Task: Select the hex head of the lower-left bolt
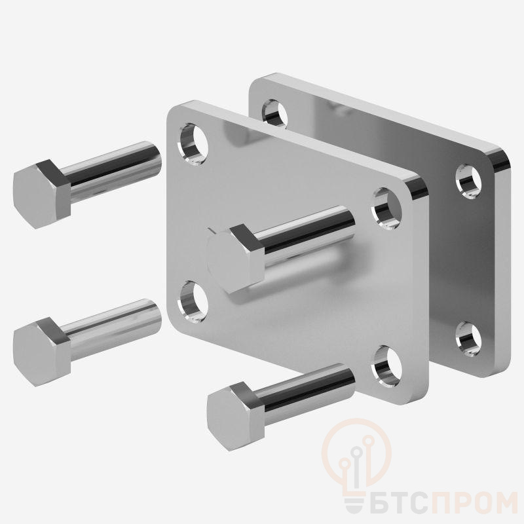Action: pyautogui.click(x=41, y=352)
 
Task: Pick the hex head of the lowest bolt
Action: pyautogui.click(x=236, y=417)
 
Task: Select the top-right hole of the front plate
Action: pyautogui.click(x=386, y=208)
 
